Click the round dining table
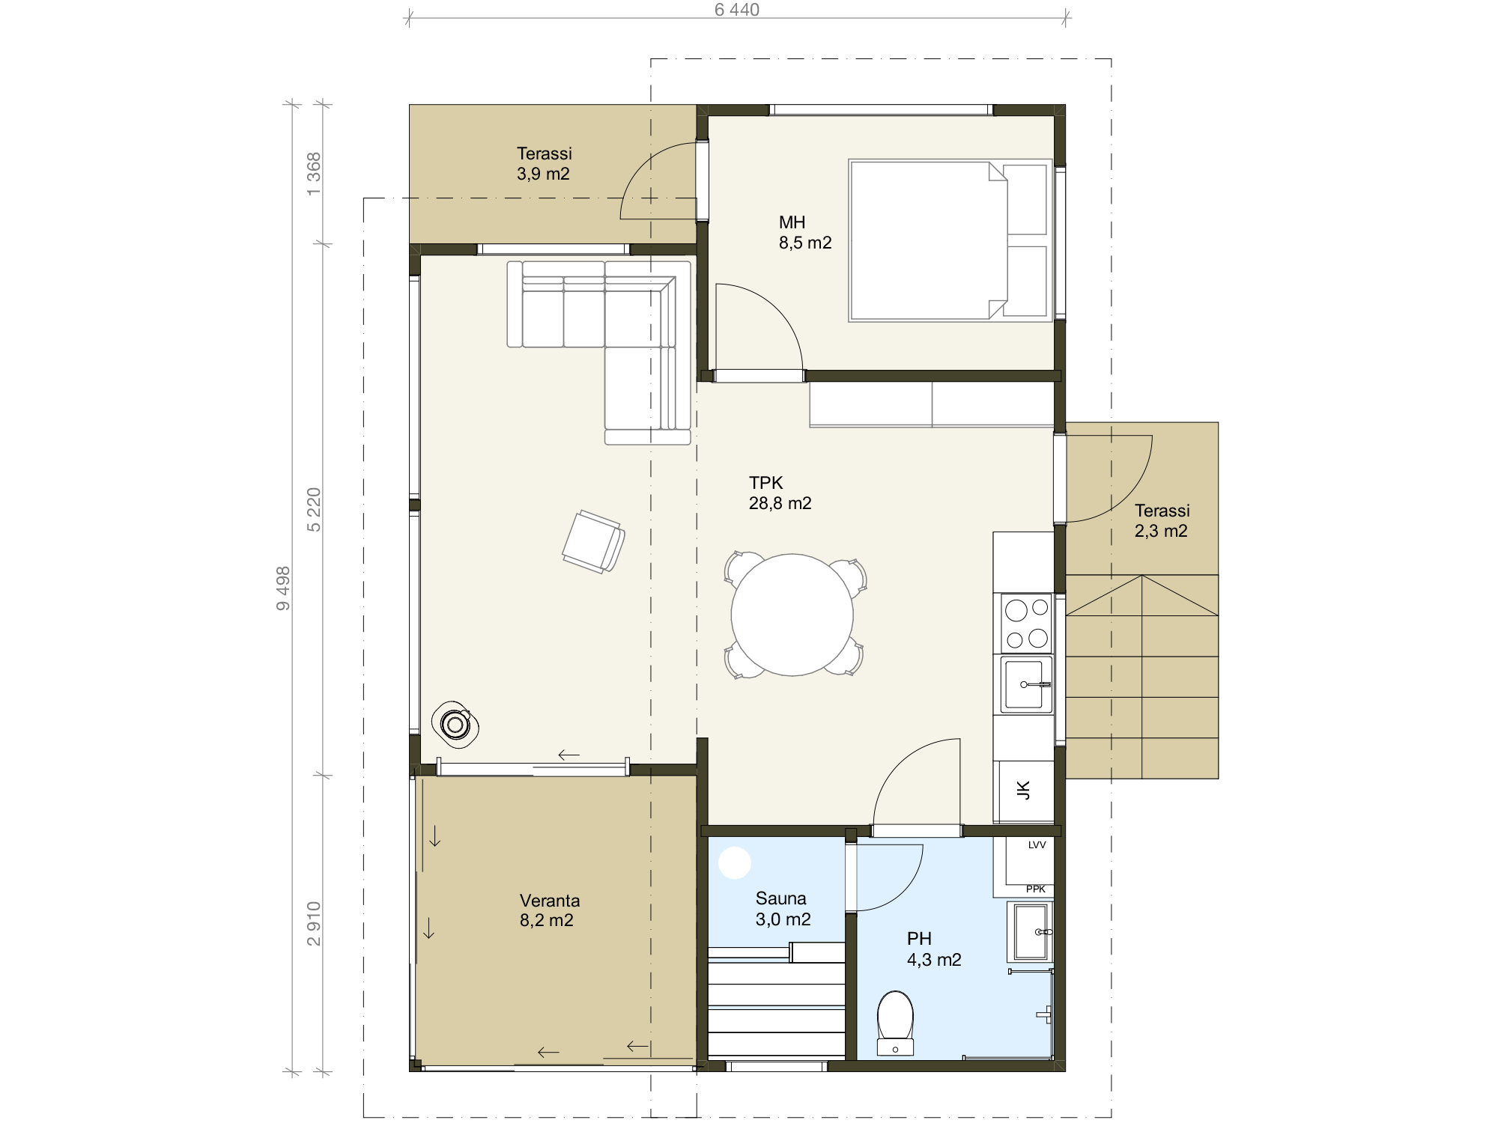tap(792, 615)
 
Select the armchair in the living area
tap(594, 542)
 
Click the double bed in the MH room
tap(950, 240)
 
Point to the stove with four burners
tap(1026, 624)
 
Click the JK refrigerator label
tap(1023, 790)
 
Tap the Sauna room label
tap(782, 908)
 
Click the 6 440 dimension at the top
tap(737, 10)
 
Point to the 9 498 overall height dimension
tap(283, 588)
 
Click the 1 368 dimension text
tap(314, 174)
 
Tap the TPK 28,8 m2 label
tap(780, 493)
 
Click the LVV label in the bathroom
tap(1037, 845)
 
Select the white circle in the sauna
tap(735, 862)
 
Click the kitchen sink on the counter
tap(1025, 684)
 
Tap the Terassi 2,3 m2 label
tap(1162, 520)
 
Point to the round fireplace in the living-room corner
tap(455, 724)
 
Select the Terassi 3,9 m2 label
tap(544, 163)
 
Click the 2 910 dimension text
tap(314, 924)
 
